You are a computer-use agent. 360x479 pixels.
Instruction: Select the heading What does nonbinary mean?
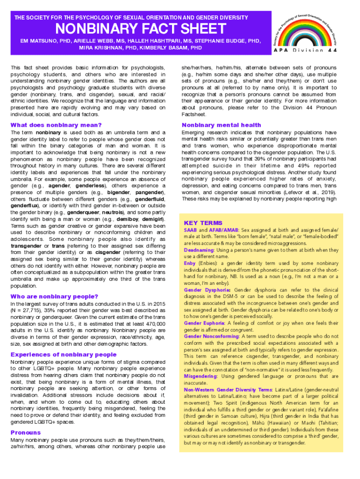point(56,125)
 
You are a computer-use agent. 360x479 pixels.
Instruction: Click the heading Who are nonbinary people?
point(54,297)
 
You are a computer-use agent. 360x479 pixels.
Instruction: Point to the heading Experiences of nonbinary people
point(63,355)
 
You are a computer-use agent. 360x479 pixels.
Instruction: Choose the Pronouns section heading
point(26,433)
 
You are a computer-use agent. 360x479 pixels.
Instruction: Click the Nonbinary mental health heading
point(221,125)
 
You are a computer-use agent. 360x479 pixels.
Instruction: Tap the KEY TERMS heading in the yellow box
point(203,223)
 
